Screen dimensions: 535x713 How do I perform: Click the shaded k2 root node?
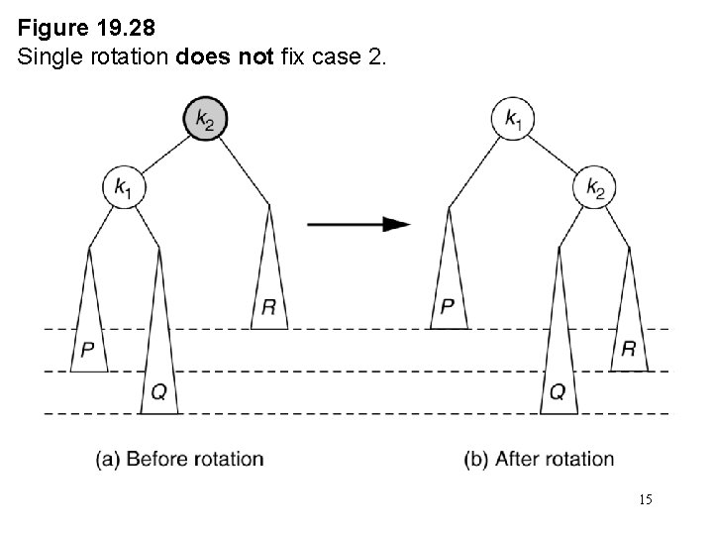204,120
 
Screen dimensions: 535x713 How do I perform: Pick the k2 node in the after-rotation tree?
594,185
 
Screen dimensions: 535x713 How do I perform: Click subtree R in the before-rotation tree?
268,287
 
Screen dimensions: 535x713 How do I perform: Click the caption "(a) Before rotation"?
180,459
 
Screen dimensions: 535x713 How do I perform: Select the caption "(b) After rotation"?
540,459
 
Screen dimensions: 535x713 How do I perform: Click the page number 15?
646,500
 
